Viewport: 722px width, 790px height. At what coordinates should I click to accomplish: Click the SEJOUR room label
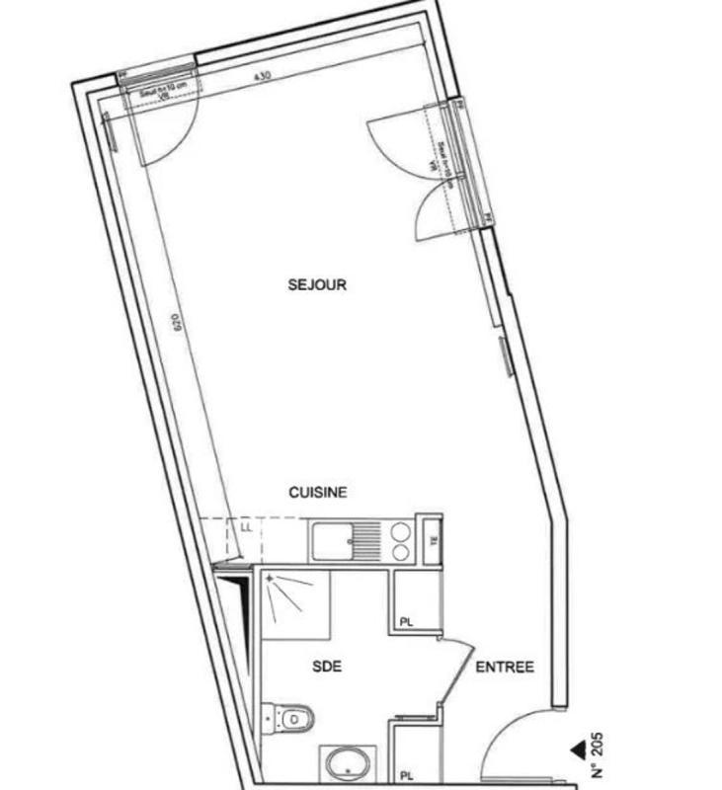pyautogui.click(x=317, y=285)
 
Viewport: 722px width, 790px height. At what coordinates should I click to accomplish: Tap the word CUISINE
pyautogui.click(x=317, y=493)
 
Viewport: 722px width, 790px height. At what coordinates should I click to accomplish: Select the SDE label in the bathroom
pyautogui.click(x=327, y=667)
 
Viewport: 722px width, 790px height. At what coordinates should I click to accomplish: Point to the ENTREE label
pyautogui.click(x=505, y=668)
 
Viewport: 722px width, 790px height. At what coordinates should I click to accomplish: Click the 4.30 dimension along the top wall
pyautogui.click(x=261, y=76)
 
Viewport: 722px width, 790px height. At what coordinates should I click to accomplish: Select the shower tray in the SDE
pyautogui.click(x=295, y=603)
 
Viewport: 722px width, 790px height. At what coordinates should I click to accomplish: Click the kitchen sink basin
pyautogui.click(x=334, y=541)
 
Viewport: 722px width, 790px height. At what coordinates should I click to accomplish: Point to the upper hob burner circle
pyautogui.click(x=401, y=529)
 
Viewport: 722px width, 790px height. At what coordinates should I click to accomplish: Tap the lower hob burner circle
pyautogui.click(x=401, y=552)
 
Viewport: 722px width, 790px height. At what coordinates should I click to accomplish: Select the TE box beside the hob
pyautogui.click(x=431, y=539)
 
